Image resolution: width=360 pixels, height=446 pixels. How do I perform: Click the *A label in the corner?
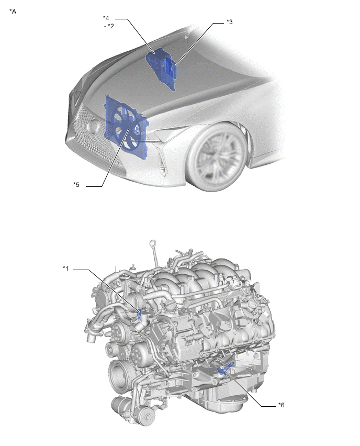coord(13,12)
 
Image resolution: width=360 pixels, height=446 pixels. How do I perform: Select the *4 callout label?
coord(106,18)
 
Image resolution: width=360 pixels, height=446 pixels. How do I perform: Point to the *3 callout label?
coord(230,22)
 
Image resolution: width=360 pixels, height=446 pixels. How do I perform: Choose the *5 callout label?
coord(76,185)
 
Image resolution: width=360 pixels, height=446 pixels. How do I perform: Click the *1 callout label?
coord(66,268)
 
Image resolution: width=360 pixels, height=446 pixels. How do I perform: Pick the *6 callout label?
coord(281,405)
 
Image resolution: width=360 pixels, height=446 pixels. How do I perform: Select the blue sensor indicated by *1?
coord(139,315)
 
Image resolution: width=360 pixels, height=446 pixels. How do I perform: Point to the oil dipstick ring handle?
coord(153,244)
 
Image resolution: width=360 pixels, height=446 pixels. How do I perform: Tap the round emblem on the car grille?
coord(93,126)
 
